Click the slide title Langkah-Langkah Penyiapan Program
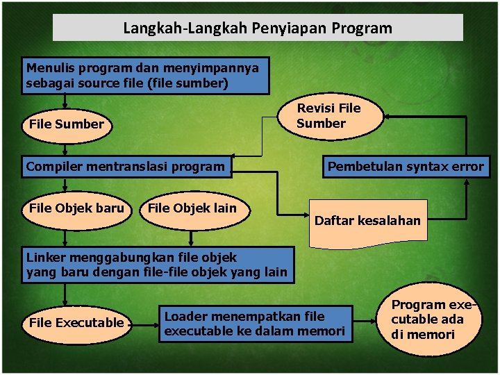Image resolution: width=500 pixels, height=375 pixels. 258,28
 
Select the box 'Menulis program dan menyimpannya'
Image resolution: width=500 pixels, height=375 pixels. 146,76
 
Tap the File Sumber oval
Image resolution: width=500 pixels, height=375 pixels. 67,125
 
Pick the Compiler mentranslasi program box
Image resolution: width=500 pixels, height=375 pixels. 126,167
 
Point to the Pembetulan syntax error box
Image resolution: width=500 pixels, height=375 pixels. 406,167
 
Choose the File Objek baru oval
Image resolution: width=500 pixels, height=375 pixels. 76,208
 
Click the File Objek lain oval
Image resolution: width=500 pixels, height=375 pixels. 193,208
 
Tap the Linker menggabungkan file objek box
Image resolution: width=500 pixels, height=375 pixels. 157,265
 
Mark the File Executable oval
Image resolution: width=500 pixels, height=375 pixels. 76,323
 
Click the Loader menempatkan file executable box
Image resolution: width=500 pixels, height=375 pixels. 254,324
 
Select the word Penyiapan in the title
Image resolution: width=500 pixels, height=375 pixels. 296,28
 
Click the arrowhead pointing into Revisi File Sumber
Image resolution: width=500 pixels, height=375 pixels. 389,115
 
